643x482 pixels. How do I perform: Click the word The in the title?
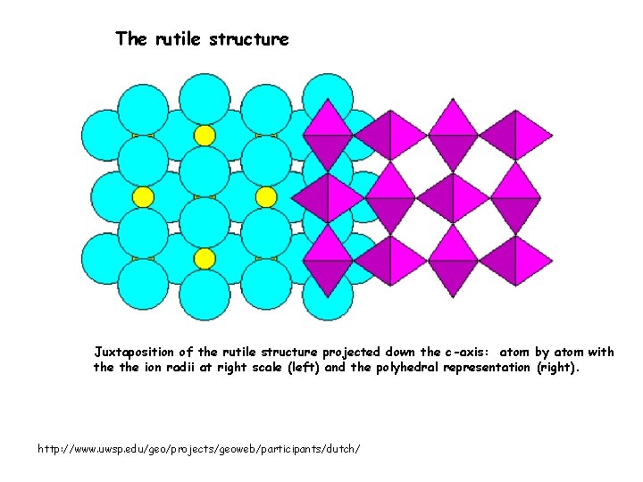click(130, 39)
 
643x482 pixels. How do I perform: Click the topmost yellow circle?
click(205, 135)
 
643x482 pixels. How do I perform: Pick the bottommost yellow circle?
click(205, 258)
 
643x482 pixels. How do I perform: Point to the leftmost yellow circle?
click(143, 196)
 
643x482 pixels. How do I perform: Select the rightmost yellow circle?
click(266, 196)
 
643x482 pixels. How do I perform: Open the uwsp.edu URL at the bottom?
click(199, 447)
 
